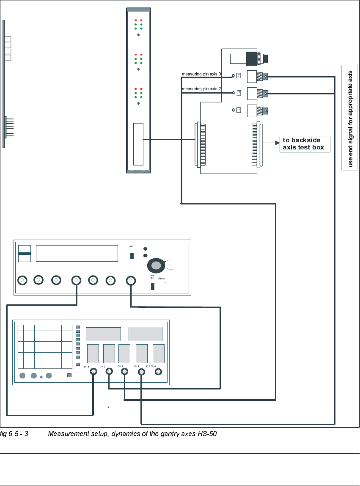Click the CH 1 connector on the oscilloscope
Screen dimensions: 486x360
tap(93, 372)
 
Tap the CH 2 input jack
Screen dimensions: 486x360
tap(109, 372)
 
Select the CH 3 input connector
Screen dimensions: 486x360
tap(125, 372)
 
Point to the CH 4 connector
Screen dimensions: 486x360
tap(141, 372)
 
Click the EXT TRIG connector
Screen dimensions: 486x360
tap(158, 372)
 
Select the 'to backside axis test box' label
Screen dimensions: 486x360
tap(303, 144)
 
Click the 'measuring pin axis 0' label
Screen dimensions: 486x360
tap(201, 74)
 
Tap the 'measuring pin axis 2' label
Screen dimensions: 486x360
tap(201, 89)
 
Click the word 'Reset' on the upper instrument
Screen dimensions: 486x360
tap(162, 279)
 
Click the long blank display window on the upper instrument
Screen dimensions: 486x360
tap(77, 254)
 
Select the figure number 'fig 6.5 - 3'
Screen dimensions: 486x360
tap(14, 434)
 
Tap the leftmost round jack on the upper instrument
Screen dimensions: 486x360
tap(22, 280)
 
